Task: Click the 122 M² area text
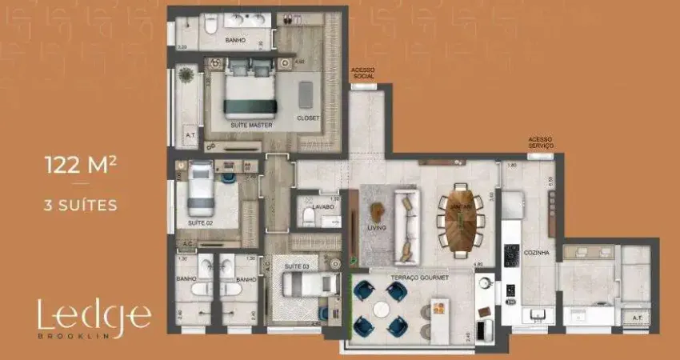point(82,166)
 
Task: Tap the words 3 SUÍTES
point(82,206)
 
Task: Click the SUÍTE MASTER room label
point(251,126)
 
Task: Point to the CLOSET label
point(307,118)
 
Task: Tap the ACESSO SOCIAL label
point(363,73)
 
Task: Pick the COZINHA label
point(536,253)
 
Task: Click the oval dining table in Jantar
point(460,219)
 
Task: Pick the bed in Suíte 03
point(309,284)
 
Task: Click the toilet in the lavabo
point(308,216)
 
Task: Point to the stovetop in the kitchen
point(510,256)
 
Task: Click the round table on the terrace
point(381,308)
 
